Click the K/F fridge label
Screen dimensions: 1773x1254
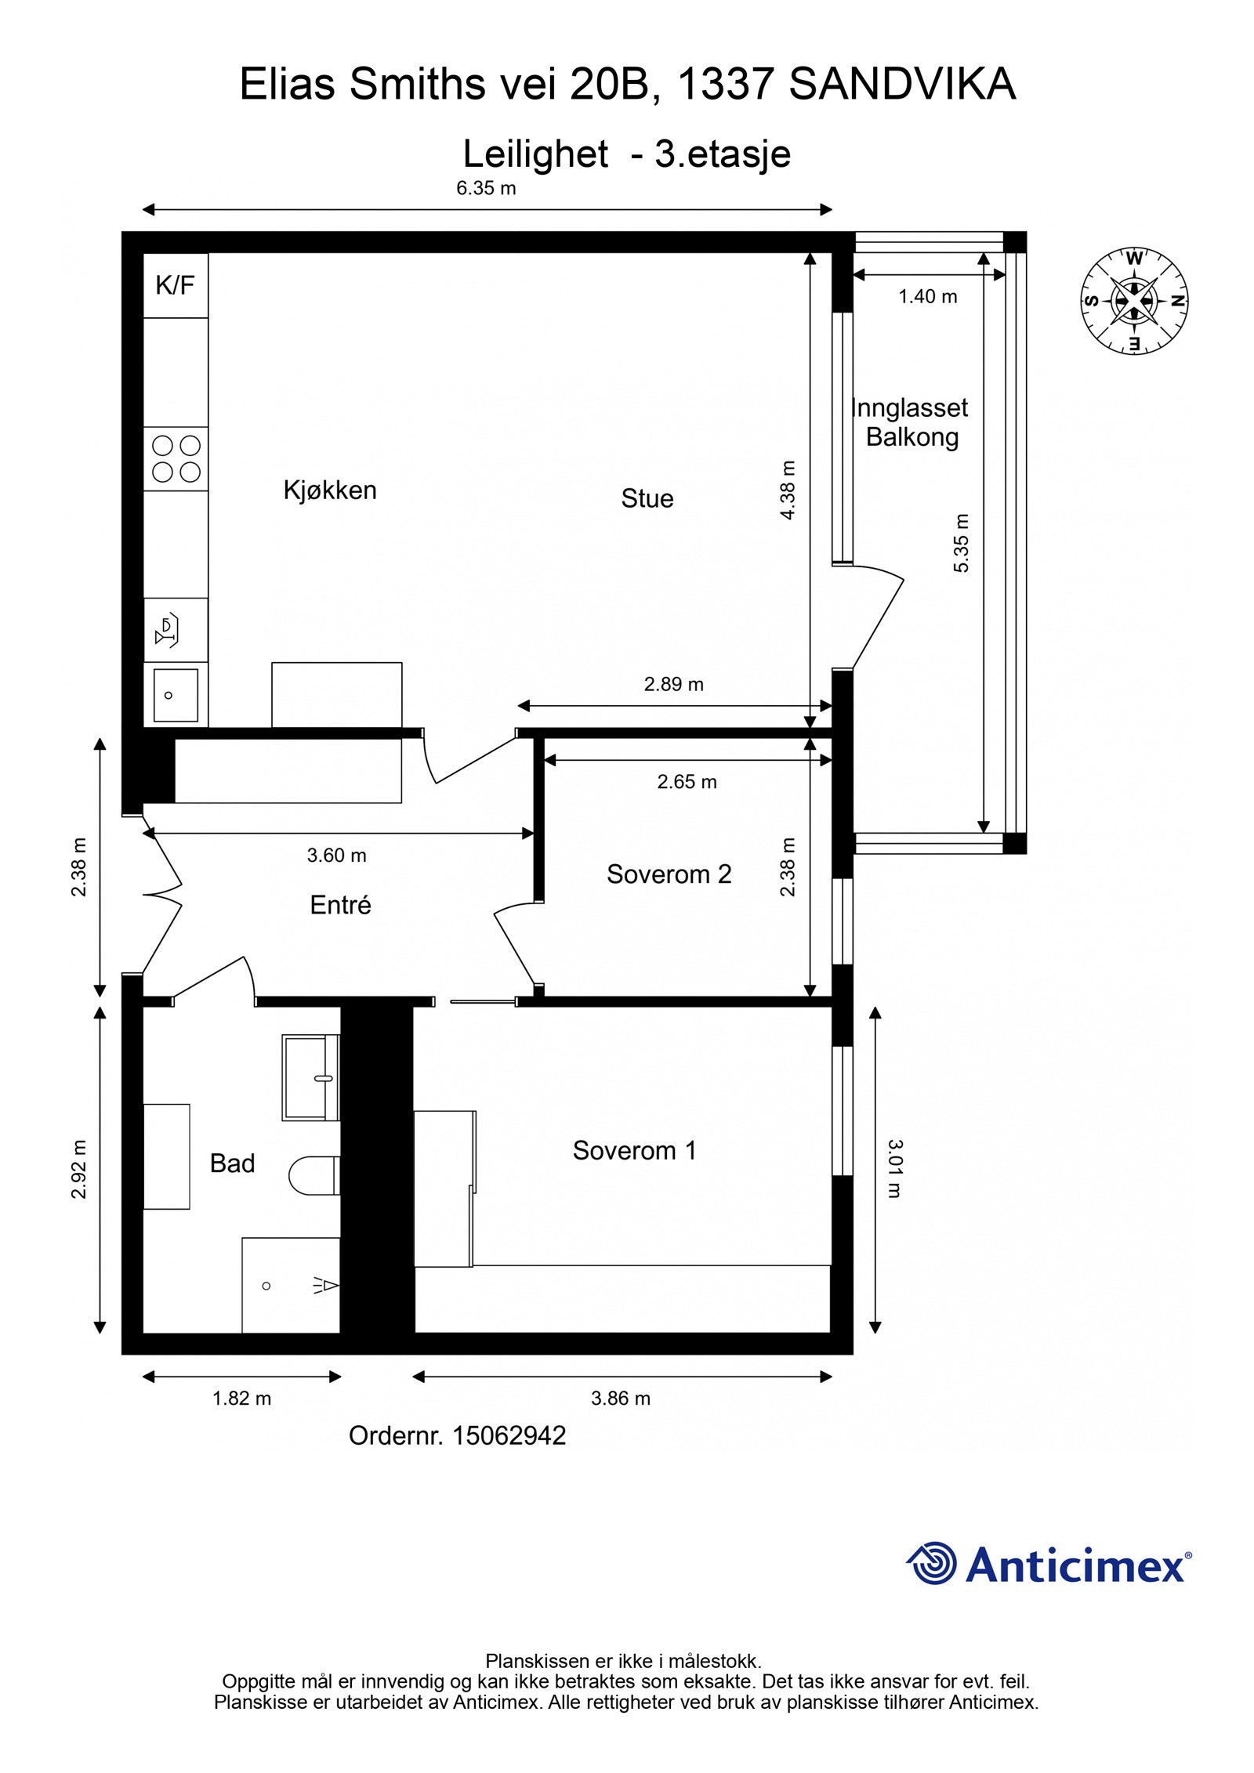(x=175, y=285)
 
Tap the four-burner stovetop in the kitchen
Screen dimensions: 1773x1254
(x=176, y=459)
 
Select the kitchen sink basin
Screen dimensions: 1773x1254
(x=176, y=694)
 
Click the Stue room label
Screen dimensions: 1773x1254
(x=647, y=498)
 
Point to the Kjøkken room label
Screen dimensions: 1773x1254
(x=330, y=490)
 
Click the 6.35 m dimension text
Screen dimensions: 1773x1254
(x=486, y=188)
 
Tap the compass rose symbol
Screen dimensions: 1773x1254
(x=1134, y=301)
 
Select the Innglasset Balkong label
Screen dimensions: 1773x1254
(x=911, y=422)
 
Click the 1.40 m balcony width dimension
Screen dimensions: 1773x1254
(x=927, y=296)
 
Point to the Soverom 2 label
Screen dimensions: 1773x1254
(x=669, y=874)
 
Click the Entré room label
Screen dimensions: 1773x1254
(x=340, y=905)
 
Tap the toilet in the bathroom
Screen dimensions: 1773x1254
(x=313, y=1176)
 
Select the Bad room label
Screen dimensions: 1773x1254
(x=232, y=1163)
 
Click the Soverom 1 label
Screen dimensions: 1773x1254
(x=634, y=1150)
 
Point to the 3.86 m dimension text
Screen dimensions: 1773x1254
(x=620, y=1398)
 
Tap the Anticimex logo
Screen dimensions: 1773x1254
(x=1048, y=1565)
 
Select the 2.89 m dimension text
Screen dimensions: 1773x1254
(x=673, y=684)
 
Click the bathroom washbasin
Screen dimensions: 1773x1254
(x=310, y=1077)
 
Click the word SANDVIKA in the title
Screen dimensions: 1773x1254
(x=901, y=84)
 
